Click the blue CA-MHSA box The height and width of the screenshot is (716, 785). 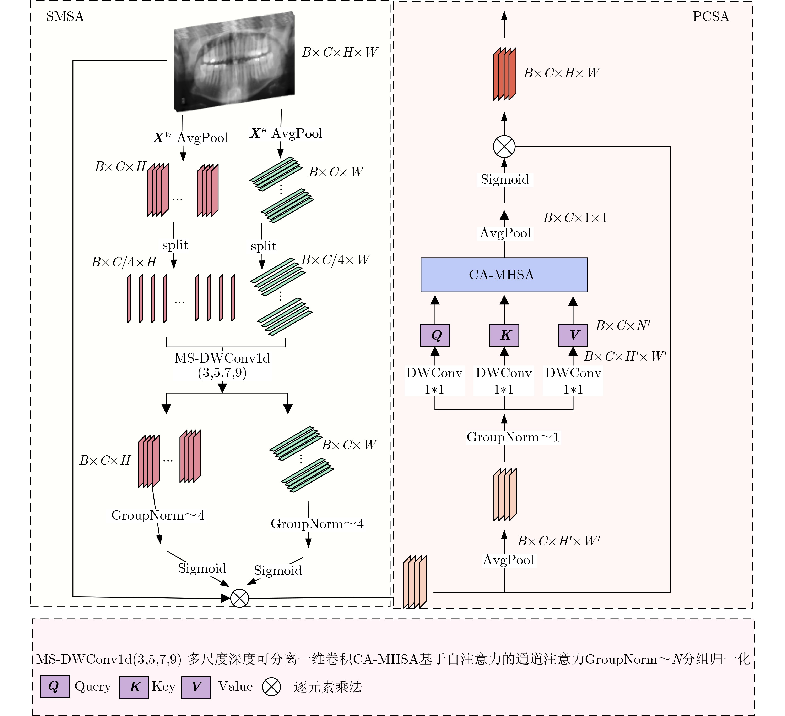coord(504,275)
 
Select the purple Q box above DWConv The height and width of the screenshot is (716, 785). coord(435,335)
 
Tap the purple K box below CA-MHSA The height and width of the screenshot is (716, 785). coord(504,335)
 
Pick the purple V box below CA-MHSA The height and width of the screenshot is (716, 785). coord(573,335)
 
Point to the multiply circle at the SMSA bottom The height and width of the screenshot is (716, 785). coord(239,598)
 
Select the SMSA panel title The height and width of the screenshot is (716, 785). coord(65,16)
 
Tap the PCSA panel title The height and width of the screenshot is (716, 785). coord(711,16)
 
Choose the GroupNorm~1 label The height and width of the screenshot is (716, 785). coord(513,437)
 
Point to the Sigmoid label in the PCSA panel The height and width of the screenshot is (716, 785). coord(505,179)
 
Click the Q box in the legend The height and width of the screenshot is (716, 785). coord(55,687)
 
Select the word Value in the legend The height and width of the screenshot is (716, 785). coord(235,687)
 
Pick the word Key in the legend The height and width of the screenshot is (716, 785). coord(164,687)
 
